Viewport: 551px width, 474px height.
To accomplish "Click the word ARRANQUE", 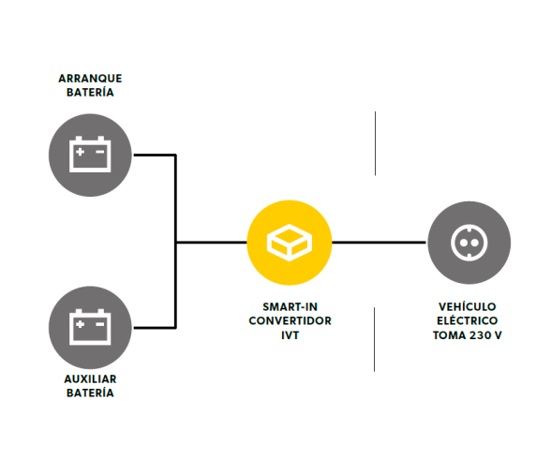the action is click(x=90, y=79).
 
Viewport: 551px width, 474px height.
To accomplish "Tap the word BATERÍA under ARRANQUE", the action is click(x=90, y=92).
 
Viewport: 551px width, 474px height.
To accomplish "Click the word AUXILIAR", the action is click(x=90, y=379).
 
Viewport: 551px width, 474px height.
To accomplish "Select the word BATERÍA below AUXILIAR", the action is click(x=90, y=393).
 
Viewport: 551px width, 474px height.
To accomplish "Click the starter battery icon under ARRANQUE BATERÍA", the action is click(x=90, y=155).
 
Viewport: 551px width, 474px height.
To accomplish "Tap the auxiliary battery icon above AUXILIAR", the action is click(x=90, y=327).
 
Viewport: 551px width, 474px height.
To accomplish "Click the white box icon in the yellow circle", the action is click(x=290, y=243).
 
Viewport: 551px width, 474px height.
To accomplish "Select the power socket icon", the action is click(x=469, y=243).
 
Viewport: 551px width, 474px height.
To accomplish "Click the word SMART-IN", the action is click(x=290, y=307).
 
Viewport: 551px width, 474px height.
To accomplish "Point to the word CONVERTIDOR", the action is click(x=290, y=320).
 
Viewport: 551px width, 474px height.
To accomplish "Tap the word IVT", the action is click(x=290, y=335).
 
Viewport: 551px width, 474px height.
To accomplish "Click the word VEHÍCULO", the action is click(x=467, y=306).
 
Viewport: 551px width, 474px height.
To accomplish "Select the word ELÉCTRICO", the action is click(x=467, y=320).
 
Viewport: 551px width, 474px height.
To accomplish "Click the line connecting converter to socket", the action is click(x=379, y=242).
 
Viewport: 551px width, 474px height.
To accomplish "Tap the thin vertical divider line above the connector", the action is click(x=375, y=143).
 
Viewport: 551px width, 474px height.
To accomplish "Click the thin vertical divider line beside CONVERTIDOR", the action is click(x=374, y=339).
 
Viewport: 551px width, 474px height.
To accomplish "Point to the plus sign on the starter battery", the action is click(x=81, y=152).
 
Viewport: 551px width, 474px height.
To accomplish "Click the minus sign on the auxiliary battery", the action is click(x=100, y=324).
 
